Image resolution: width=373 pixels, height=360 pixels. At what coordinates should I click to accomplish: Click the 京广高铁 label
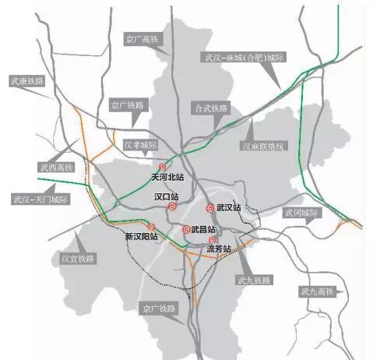pos(141,37)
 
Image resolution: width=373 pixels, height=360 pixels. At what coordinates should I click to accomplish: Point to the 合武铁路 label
pos(212,108)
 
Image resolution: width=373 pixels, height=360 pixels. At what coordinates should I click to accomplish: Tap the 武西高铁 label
pos(56,167)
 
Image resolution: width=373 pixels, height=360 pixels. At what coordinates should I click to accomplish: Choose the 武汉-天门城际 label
pos(40,199)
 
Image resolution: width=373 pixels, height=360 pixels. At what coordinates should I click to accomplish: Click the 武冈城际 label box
pos(300,212)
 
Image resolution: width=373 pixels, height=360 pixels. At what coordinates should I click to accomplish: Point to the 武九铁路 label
pos(253,280)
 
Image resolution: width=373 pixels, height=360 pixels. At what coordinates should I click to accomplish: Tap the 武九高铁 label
pos(316,291)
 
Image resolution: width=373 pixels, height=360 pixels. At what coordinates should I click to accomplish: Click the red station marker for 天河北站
pos(162,167)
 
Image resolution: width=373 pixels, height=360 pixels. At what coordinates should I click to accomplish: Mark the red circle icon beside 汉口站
pos(173,207)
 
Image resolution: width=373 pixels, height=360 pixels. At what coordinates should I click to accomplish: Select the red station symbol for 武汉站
pos(210,208)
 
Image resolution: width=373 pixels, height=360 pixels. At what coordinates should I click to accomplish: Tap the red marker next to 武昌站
pos(186,229)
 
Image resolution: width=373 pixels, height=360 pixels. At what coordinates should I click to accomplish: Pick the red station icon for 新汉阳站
pos(151,227)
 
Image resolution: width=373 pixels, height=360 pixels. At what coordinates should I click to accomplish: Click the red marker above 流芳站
pos(213,240)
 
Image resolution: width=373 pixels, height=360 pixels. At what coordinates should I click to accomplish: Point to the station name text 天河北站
pos(167,178)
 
